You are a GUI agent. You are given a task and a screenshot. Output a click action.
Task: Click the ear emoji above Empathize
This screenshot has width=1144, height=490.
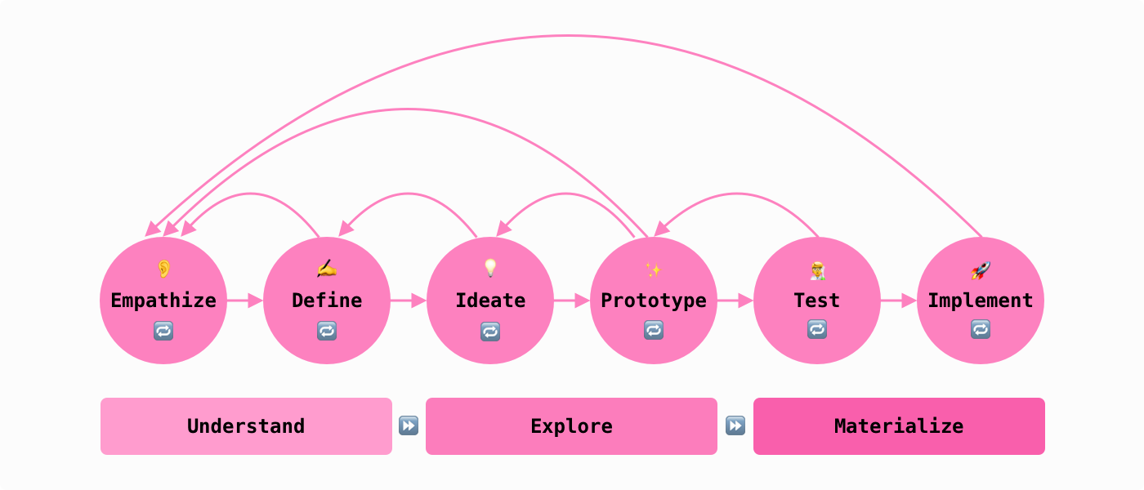click(x=163, y=269)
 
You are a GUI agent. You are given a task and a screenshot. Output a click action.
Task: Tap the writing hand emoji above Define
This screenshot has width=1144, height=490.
click(x=327, y=269)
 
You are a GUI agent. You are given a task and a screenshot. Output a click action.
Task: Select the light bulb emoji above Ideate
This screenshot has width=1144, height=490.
click(x=490, y=268)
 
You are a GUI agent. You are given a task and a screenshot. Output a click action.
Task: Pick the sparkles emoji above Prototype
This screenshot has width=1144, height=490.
click(x=654, y=269)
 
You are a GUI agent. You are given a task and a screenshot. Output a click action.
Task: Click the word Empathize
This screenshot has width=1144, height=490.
click(x=163, y=301)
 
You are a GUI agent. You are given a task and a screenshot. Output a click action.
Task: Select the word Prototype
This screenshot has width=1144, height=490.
click(x=654, y=301)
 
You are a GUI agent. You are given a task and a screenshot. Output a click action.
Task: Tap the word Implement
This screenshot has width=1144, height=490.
click(x=981, y=301)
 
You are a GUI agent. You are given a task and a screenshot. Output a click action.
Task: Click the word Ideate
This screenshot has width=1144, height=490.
click(x=490, y=301)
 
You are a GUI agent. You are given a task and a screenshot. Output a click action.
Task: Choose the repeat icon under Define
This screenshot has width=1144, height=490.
click(x=327, y=331)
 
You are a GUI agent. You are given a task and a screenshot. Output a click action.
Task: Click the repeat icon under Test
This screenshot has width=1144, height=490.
click(x=817, y=329)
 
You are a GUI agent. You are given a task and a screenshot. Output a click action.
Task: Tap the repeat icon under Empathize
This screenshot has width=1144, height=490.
click(x=163, y=331)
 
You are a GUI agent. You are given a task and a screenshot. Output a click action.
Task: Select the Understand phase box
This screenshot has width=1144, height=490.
click(x=246, y=426)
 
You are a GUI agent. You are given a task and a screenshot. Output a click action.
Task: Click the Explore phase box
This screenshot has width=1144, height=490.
click(x=571, y=426)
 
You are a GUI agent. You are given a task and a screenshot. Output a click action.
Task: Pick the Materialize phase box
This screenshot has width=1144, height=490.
click(x=899, y=426)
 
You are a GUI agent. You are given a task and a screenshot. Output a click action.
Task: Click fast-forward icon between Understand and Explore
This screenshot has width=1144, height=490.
click(x=409, y=425)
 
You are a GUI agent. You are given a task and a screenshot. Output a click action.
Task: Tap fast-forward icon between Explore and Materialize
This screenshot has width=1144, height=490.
click(x=735, y=425)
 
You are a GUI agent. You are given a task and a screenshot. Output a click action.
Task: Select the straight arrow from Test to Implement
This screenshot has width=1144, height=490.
click(x=899, y=301)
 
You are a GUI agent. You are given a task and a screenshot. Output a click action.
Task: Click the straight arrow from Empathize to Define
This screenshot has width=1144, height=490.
click(x=245, y=301)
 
